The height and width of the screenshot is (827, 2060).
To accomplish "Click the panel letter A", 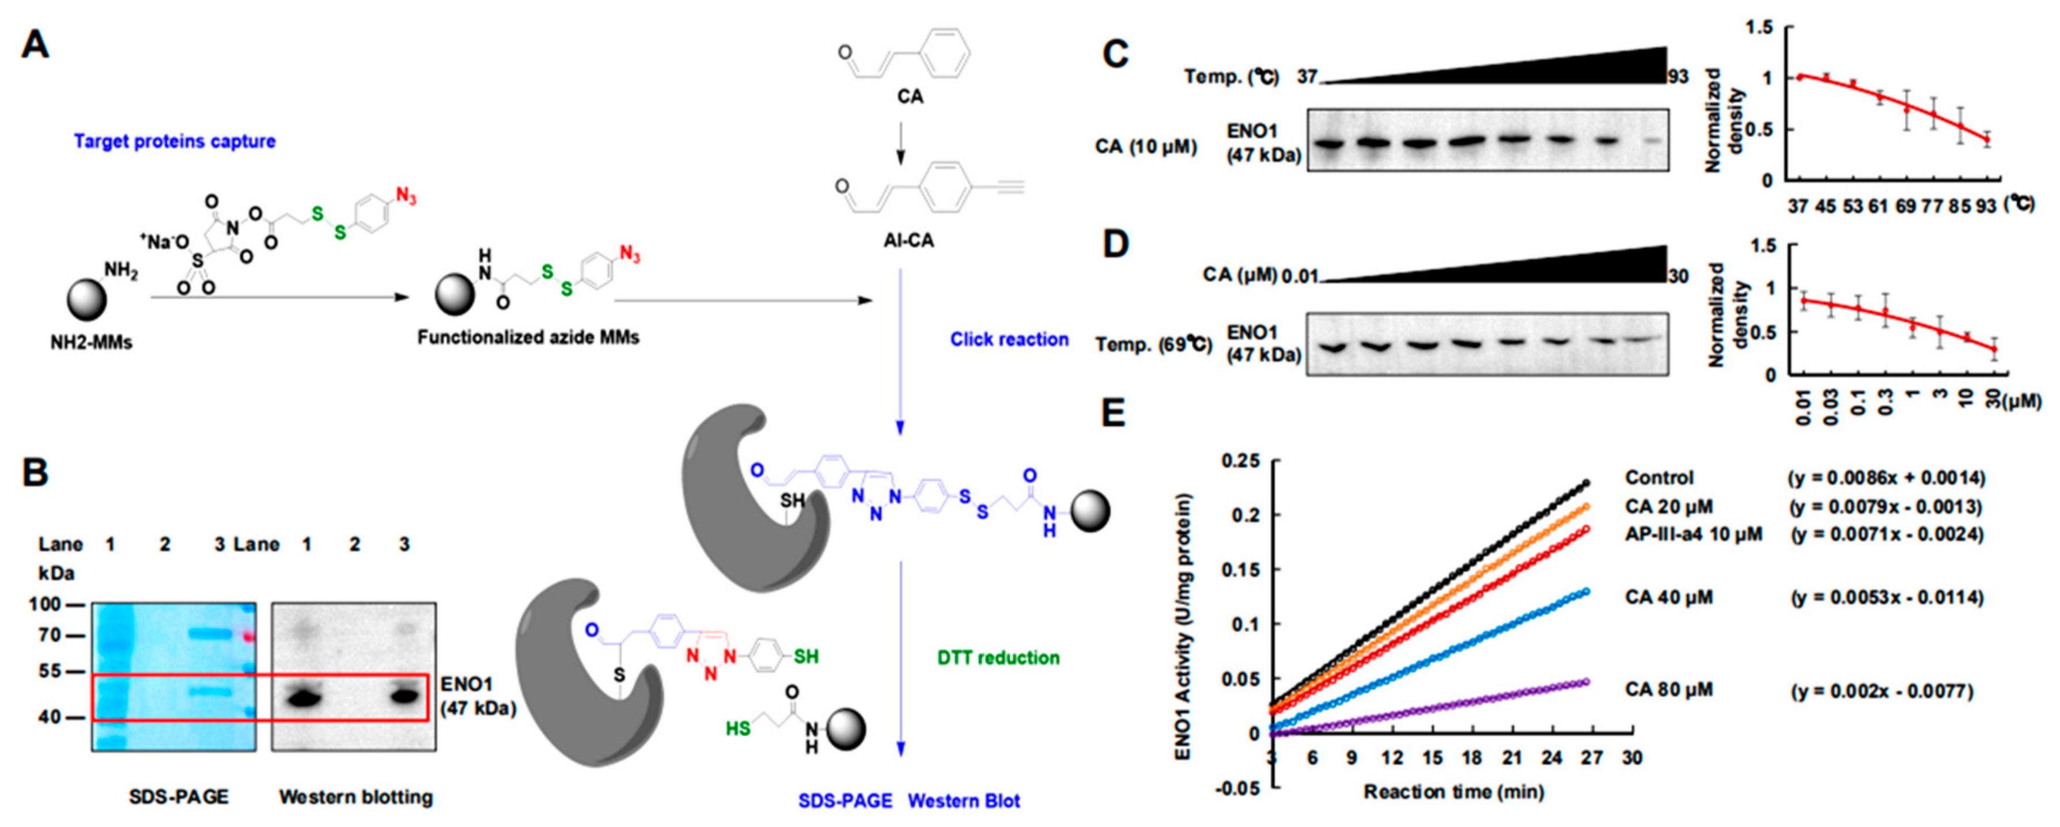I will [x=35, y=45].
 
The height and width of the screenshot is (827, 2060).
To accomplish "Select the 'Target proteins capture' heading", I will [x=175, y=142].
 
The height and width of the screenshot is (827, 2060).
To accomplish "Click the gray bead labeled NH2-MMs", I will [x=86, y=300].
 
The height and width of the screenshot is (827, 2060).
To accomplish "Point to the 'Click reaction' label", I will [x=1009, y=339].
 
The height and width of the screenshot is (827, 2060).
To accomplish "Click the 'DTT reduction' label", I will [x=998, y=658].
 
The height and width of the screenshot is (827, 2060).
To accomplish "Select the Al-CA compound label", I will [x=909, y=240].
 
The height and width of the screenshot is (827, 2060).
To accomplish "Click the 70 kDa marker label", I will [x=50, y=636].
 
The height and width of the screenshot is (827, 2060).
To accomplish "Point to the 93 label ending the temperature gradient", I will [x=1677, y=77].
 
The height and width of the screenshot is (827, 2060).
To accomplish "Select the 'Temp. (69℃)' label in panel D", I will [x=1153, y=346].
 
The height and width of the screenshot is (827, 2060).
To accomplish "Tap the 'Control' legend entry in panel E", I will [x=1658, y=478].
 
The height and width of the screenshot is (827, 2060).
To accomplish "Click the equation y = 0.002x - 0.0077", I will [x=1881, y=691].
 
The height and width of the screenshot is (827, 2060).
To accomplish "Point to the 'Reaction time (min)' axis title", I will [x=1453, y=792].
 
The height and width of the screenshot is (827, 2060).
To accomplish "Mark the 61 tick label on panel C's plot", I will [x=1877, y=206].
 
